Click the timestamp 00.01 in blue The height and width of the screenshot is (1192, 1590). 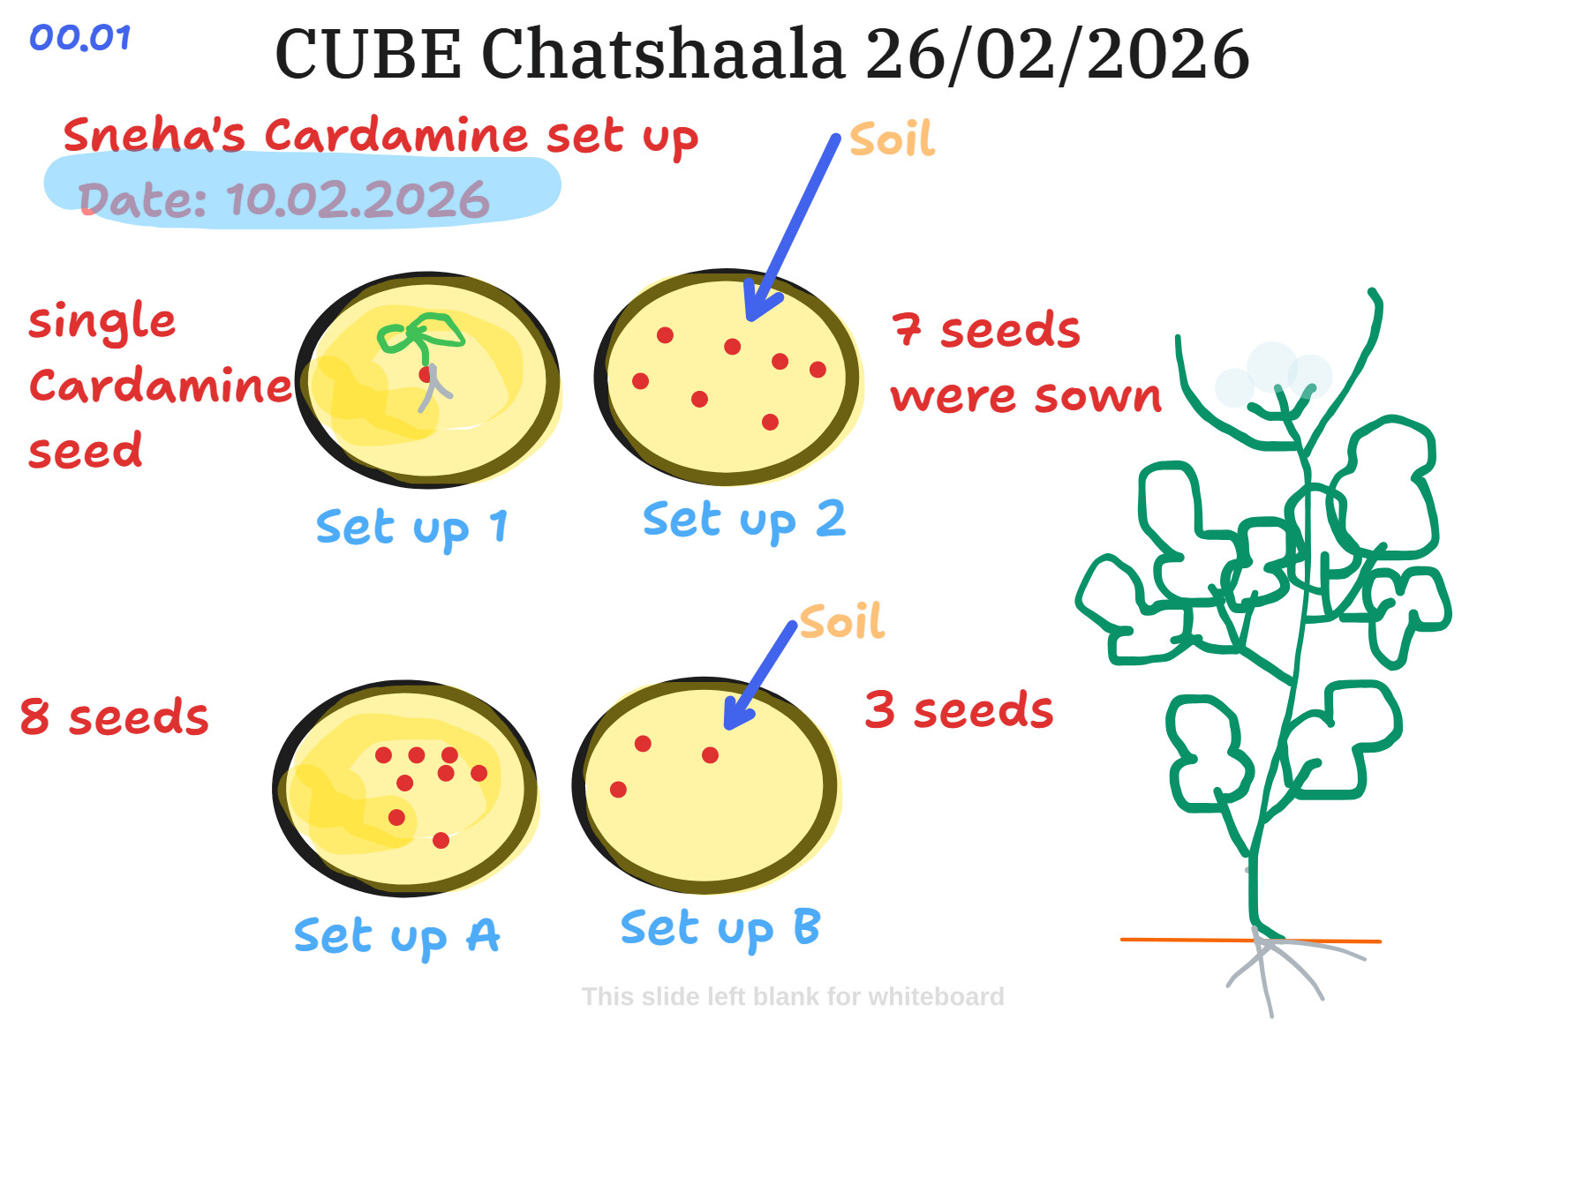point(80,38)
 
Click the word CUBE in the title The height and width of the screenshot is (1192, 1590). point(368,55)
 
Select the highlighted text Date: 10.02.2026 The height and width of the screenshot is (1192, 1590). point(283,200)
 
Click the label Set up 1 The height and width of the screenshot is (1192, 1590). point(411,528)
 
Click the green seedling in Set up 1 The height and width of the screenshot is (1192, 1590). point(419,334)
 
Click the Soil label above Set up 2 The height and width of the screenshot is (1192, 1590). point(892,140)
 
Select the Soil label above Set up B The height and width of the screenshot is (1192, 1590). point(841,622)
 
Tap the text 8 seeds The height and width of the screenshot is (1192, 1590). point(114,716)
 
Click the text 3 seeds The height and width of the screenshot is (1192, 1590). point(959,710)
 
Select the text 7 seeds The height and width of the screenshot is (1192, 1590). point(985,331)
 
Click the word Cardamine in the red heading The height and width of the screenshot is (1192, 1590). point(396,136)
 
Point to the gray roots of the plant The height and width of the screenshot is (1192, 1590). point(1271,970)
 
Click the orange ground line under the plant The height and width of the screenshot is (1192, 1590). point(1174,940)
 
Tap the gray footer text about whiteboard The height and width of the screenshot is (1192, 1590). point(792,997)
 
